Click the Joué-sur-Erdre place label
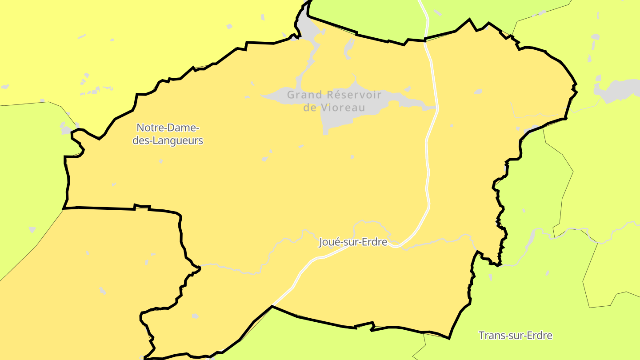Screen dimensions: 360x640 pos(353,242)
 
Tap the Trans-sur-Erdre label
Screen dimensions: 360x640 pos(515,336)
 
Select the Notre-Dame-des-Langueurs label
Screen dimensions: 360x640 pos(168,134)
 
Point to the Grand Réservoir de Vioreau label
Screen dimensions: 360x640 pos(334,101)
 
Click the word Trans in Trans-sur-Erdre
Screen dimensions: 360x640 pos(489,336)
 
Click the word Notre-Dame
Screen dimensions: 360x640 pos(168,128)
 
